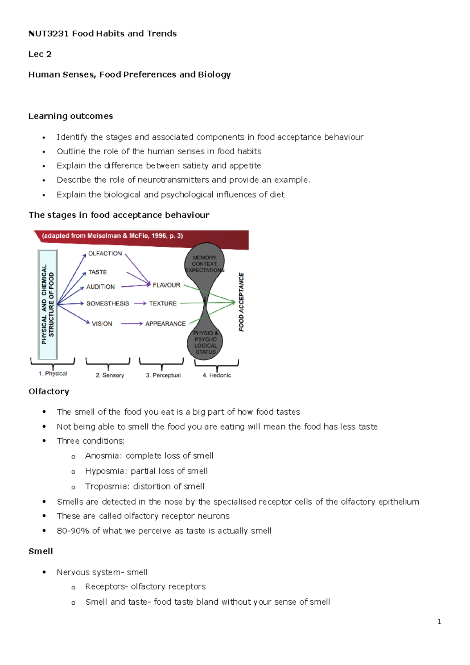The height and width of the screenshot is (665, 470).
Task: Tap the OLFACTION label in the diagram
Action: (105, 253)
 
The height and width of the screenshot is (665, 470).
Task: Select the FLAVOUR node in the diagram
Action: (166, 285)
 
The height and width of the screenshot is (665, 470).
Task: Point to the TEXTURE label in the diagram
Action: (163, 304)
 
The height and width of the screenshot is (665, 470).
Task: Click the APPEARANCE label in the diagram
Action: (165, 324)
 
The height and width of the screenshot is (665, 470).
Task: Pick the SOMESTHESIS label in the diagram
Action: (107, 304)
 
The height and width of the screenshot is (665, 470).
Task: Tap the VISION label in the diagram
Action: (102, 324)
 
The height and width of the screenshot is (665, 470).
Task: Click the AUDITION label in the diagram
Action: (101, 287)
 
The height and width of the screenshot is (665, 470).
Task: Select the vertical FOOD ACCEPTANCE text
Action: (241, 302)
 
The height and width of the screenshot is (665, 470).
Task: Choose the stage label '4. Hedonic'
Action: (217, 375)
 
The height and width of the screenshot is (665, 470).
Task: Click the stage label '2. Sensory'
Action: (110, 375)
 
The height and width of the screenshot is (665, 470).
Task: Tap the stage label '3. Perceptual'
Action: (163, 375)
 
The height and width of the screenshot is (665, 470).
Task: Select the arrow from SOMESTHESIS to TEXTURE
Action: (140, 304)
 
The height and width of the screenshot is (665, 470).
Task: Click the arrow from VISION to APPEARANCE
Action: (132, 324)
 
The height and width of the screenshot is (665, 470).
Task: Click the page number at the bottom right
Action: (439, 622)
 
